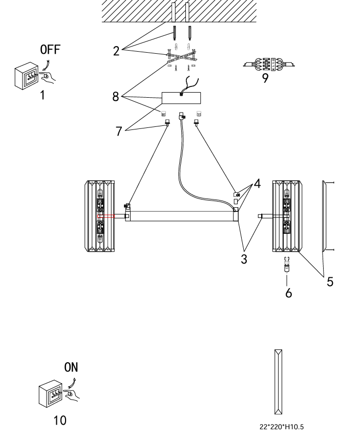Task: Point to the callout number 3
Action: pos(245,259)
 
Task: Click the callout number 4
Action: pos(257,183)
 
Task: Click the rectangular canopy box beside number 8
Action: pos(181,98)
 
